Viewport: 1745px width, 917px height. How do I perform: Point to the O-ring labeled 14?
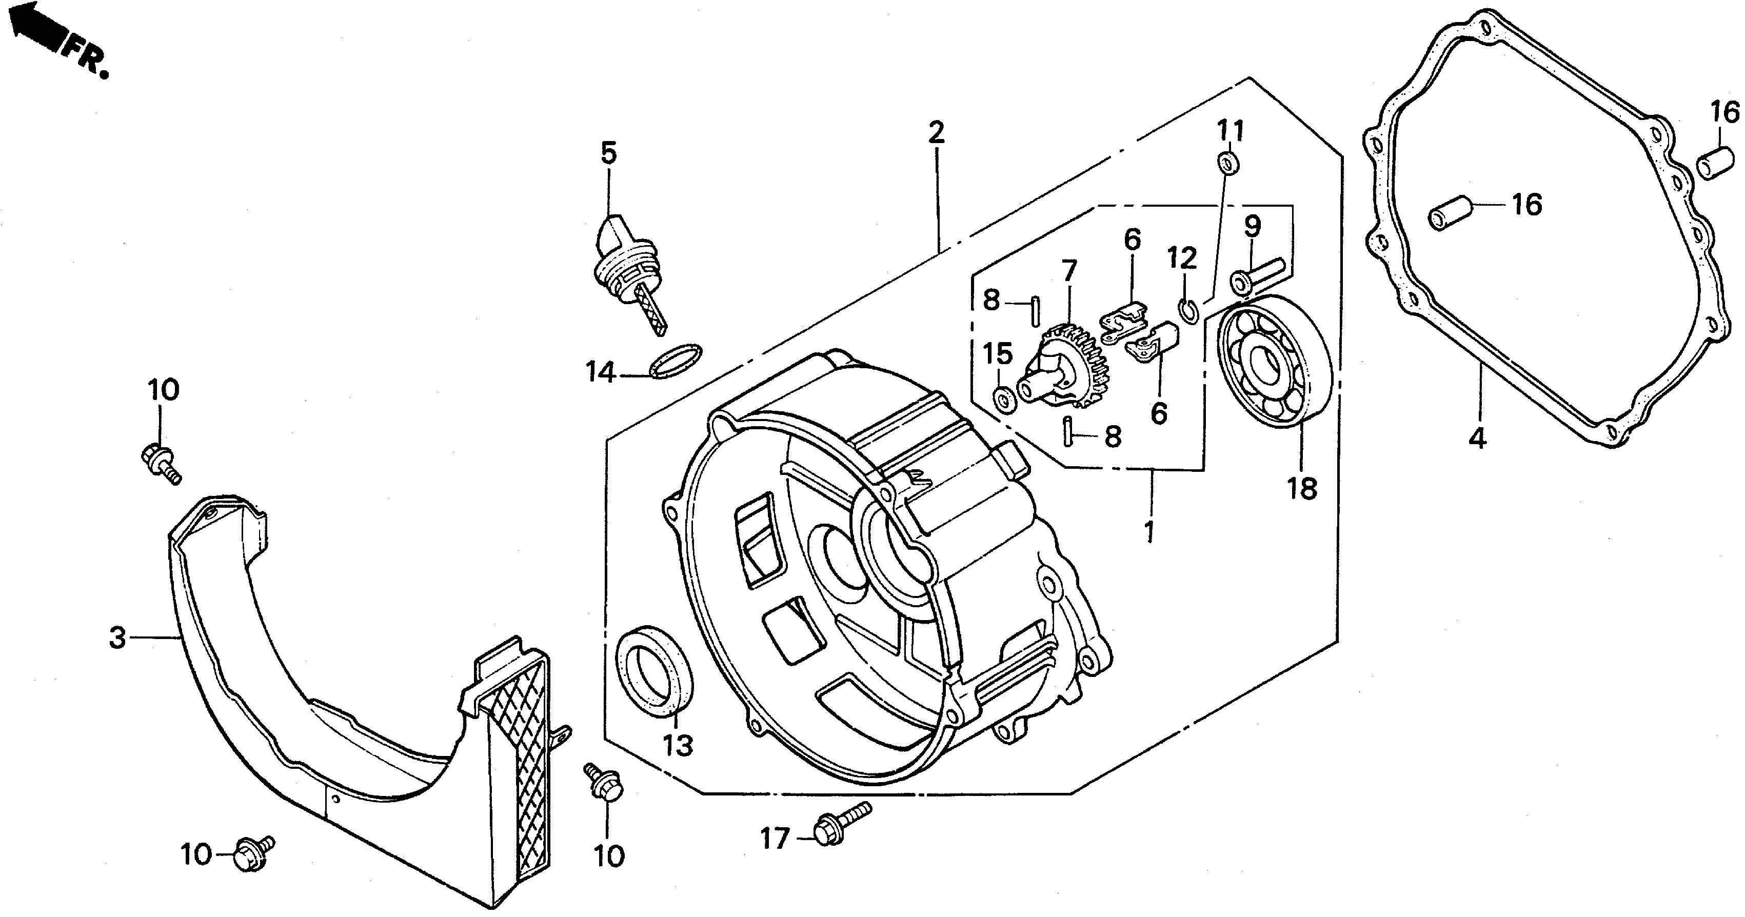676,361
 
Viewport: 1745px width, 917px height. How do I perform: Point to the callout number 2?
936,133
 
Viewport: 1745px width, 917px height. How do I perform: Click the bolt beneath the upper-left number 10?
161,463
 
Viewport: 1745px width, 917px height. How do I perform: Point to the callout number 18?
1302,488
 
